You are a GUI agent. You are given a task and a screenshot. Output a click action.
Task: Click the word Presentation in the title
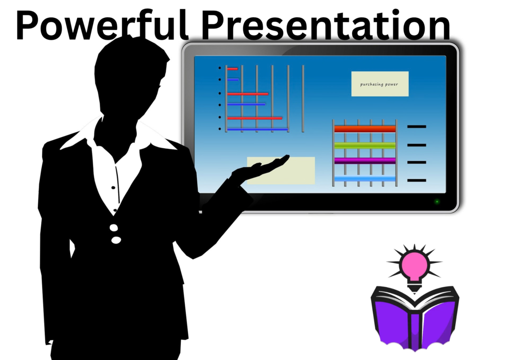pos(326,25)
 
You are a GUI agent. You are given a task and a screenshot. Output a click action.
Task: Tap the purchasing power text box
pos(380,84)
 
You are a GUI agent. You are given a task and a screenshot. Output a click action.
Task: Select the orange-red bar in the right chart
pos(365,129)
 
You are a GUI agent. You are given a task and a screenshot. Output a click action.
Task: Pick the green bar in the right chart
pos(365,145)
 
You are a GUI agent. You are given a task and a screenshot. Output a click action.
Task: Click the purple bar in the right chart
pos(365,161)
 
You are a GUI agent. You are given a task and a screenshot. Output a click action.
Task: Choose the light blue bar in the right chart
pos(365,179)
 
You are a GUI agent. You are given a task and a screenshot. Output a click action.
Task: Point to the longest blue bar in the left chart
pos(257,129)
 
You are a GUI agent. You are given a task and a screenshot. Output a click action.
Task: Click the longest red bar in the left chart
pos(254,118)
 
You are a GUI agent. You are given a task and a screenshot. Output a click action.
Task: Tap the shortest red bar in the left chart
pos(233,69)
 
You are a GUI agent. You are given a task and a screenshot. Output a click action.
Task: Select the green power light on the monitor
pos(437,201)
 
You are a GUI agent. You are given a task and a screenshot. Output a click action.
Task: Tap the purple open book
pos(415,317)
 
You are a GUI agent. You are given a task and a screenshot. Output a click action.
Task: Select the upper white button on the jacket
pos(114,228)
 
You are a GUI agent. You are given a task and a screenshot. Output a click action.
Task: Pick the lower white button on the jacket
pos(116,240)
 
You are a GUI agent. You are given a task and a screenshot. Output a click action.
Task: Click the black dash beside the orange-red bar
pos(417,127)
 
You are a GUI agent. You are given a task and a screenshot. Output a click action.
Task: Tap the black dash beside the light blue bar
pos(417,180)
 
